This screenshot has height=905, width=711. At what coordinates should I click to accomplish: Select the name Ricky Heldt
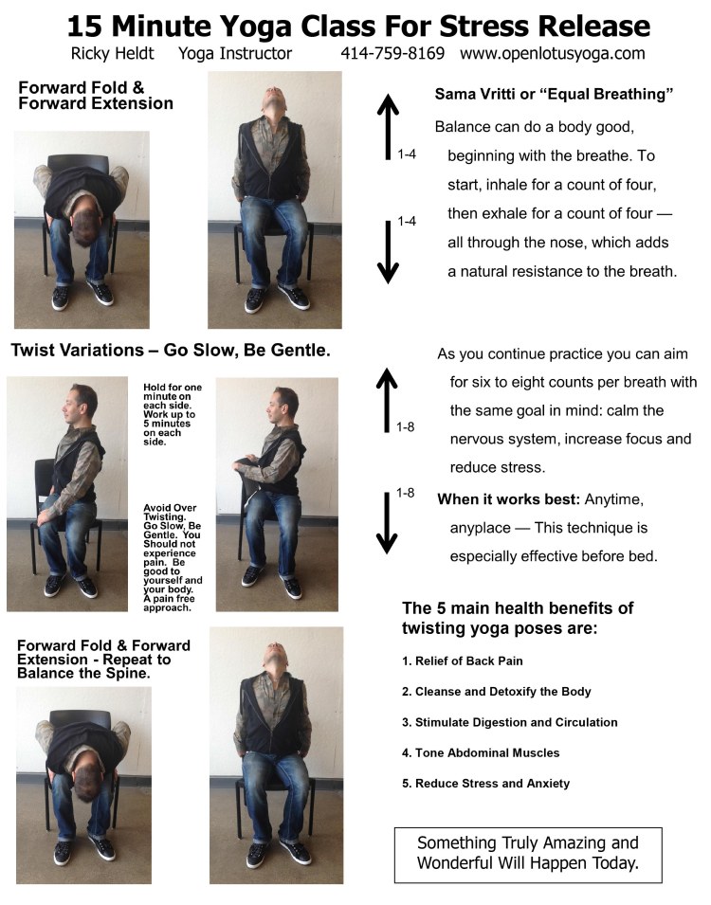113,54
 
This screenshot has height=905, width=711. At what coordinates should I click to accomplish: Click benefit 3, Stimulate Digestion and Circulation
510,722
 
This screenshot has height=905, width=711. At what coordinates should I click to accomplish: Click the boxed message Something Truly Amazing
528,853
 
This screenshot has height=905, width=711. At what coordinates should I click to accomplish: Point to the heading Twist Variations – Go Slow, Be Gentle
171,351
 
